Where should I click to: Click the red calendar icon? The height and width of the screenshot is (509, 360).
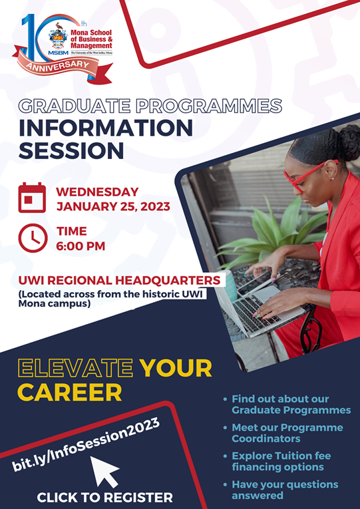point(32,198)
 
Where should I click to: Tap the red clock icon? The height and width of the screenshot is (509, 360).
point(32,239)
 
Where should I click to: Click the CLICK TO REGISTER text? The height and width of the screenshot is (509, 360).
point(104,497)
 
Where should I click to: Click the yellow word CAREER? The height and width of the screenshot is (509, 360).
point(70,392)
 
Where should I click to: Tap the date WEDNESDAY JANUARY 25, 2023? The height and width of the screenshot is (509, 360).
point(113,199)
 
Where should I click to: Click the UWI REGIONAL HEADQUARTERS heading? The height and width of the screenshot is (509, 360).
point(119,280)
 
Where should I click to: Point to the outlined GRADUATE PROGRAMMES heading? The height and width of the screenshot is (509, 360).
point(150,106)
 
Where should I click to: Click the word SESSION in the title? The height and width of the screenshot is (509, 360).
point(71,150)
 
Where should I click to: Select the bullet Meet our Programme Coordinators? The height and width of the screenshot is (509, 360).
point(287,433)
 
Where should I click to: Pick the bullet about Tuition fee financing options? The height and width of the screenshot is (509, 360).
point(287,461)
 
